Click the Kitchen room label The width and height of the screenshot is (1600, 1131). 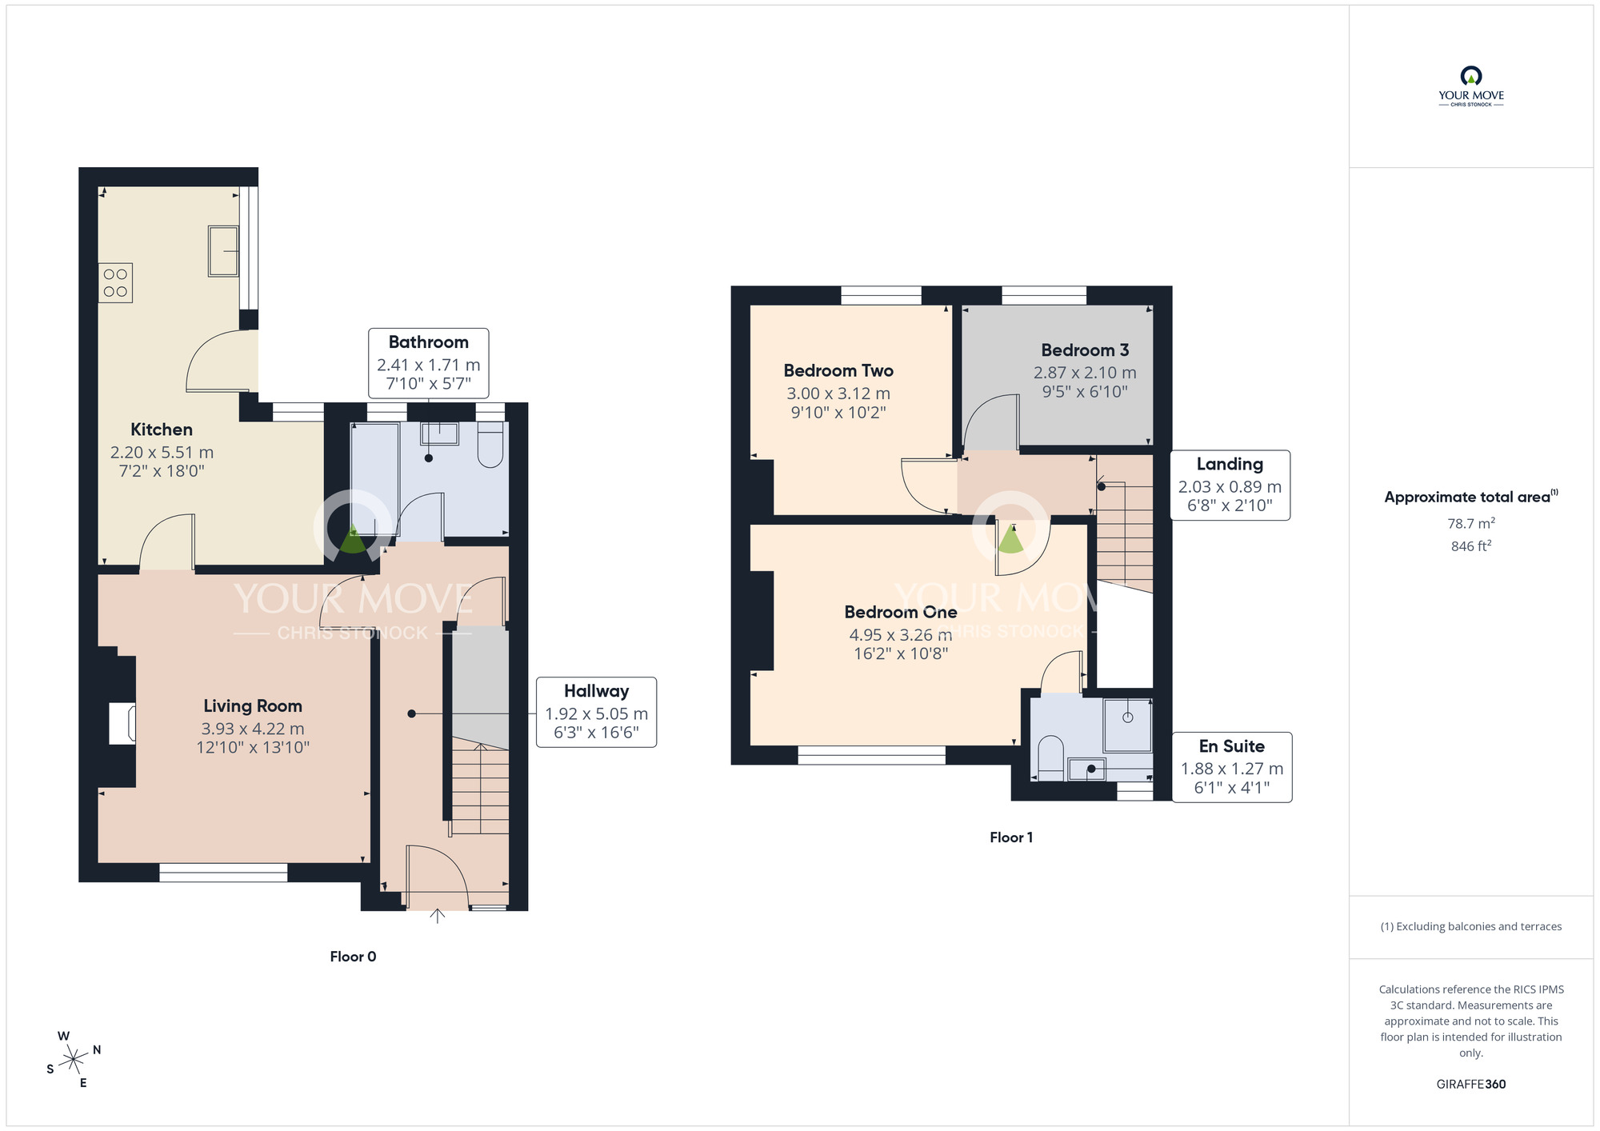[162, 430]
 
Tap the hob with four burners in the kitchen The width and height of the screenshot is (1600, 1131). [115, 283]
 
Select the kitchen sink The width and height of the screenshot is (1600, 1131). [223, 251]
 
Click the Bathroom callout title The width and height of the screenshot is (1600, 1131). [429, 342]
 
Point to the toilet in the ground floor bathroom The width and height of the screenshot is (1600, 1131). [490, 445]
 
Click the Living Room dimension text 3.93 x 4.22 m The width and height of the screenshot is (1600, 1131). [253, 729]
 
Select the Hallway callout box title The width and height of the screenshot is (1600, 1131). [597, 691]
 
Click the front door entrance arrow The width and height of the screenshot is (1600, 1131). [437, 916]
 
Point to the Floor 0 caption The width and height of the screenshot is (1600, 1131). [353, 957]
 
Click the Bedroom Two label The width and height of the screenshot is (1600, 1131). [838, 370]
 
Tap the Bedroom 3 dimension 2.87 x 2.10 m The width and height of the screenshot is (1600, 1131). [1085, 373]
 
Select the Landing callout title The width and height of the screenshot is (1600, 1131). [1230, 464]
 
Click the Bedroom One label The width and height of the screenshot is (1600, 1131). [901, 612]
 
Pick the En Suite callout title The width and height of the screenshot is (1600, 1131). [1232, 746]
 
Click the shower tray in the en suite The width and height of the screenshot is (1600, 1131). [1128, 725]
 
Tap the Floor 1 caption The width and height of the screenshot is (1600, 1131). [1011, 837]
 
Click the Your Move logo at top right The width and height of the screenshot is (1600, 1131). [1471, 86]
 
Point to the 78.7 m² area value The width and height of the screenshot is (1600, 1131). [1471, 523]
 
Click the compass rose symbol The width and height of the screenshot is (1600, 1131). [74, 1059]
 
